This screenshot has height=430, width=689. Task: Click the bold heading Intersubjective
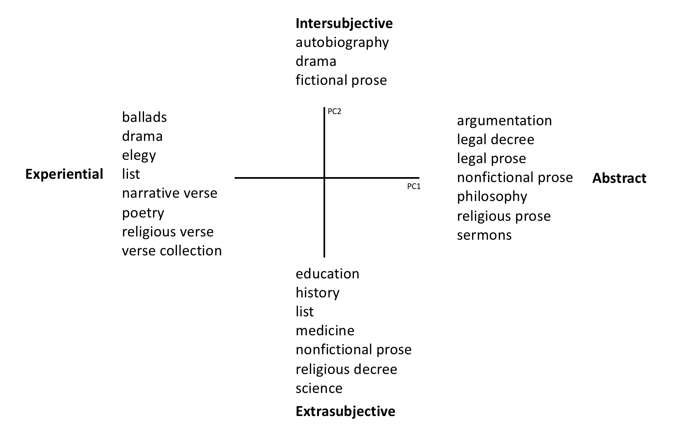(x=344, y=24)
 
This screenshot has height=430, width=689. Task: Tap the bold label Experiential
(x=64, y=175)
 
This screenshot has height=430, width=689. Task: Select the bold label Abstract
(x=619, y=178)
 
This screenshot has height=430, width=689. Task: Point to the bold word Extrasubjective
(x=345, y=411)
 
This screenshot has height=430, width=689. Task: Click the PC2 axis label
(x=334, y=112)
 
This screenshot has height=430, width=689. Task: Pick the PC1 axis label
(x=414, y=187)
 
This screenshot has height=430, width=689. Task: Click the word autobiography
(x=342, y=43)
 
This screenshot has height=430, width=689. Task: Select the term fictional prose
(x=342, y=80)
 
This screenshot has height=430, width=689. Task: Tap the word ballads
(x=144, y=117)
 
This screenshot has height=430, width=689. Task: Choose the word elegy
(x=139, y=156)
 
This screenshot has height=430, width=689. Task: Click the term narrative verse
(x=170, y=193)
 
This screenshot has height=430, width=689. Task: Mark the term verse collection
(x=172, y=250)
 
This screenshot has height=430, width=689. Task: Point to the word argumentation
(x=505, y=121)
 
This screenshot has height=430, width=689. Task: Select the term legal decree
(x=496, y=140)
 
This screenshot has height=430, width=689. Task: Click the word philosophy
(x=492, y=197)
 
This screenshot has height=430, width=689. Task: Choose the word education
(x=328, y=273)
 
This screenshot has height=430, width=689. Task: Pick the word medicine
(x=325, y=331)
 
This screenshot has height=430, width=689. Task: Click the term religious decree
(x=347, y=369)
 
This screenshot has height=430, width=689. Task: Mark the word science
(x=319, y=388)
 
